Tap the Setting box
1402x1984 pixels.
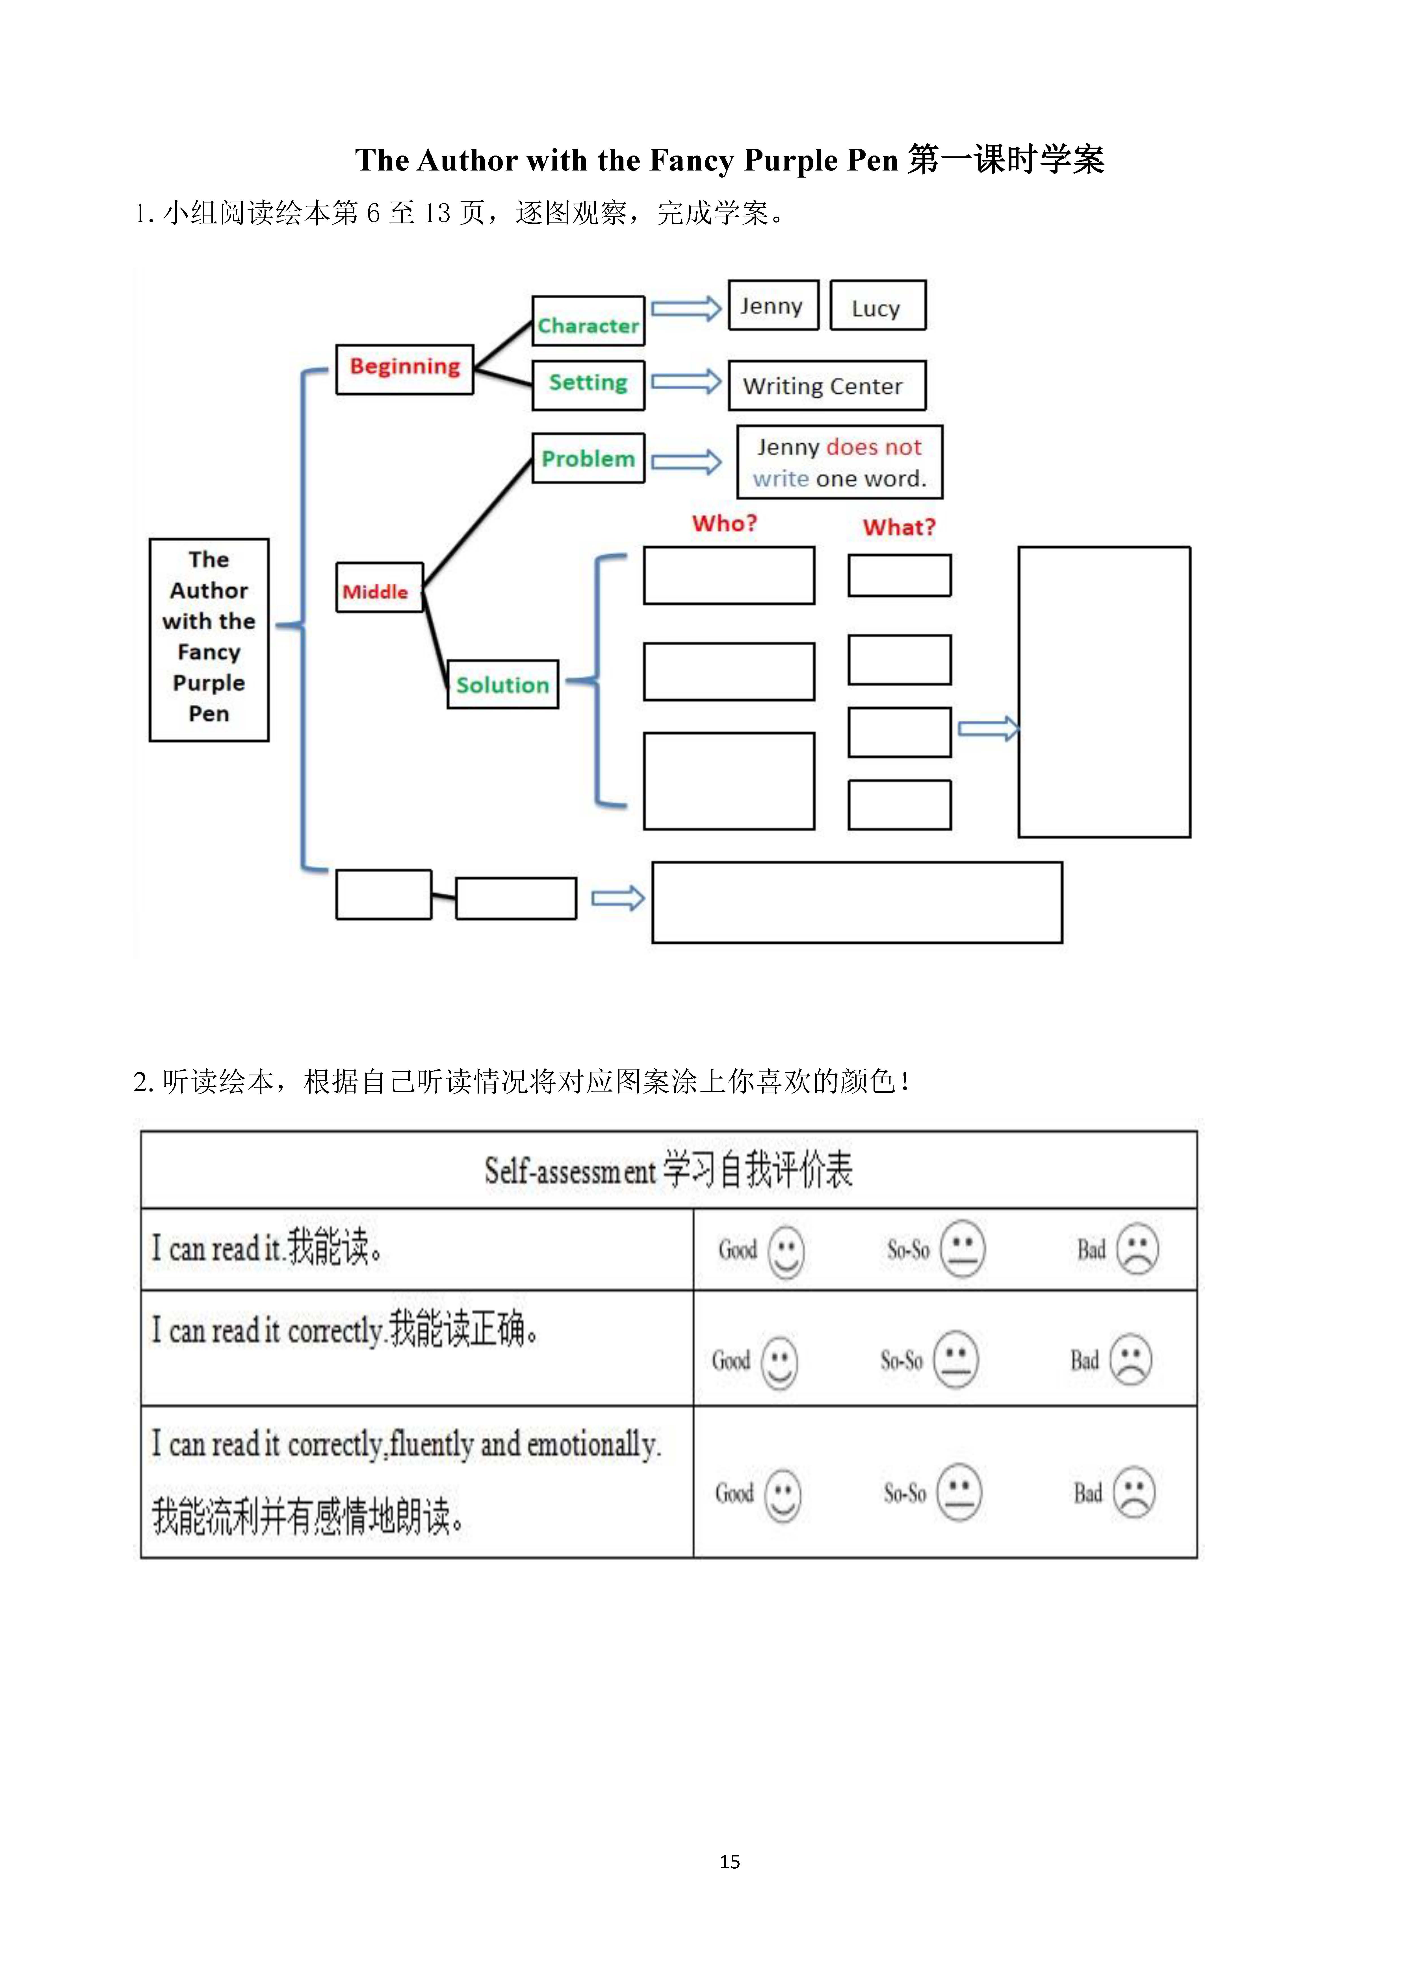(588, 385)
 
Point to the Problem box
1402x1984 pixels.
(588, 458)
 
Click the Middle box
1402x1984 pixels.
(379, 588)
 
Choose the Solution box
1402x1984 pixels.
(503, 684)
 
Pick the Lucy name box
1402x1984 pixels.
(878, 305)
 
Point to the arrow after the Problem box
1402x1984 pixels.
(686, 462)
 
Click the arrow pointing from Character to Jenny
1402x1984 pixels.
(686, 309)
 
